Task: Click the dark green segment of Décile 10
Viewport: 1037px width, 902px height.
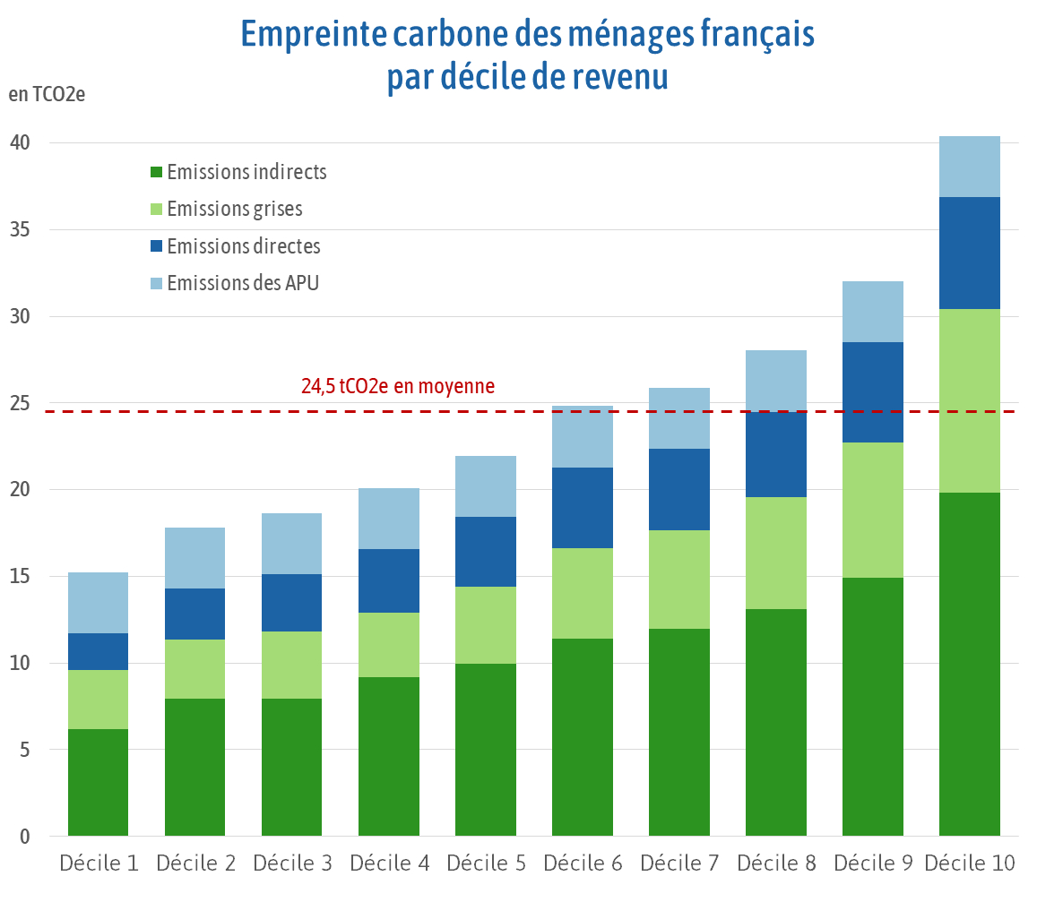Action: pos(969,664)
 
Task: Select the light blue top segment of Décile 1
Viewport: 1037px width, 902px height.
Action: pos(99,603)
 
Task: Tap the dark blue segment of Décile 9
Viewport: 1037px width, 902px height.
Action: pos(872,392)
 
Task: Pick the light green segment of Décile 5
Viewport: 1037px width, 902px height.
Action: pos(485,625)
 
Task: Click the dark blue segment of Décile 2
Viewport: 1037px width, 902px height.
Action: pos(194,614)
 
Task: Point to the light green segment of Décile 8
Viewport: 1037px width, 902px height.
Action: pos(775,553)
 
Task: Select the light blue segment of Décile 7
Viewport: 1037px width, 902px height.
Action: pos(678,418)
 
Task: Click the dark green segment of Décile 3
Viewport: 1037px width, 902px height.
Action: pos(291,767)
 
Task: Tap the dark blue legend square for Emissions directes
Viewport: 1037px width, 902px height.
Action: pos(156,246)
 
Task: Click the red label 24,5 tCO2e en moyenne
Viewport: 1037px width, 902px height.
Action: pos(398,386)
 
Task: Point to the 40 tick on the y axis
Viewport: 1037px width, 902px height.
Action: pos(21,142)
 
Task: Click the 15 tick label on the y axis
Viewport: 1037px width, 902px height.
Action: pos(21,576)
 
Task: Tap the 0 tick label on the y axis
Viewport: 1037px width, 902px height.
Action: pos(25,837)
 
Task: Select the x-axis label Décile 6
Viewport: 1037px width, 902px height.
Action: pos(582,863)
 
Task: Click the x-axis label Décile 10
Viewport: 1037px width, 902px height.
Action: pos(969,863)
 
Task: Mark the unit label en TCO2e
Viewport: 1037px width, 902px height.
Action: pos(47,95)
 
